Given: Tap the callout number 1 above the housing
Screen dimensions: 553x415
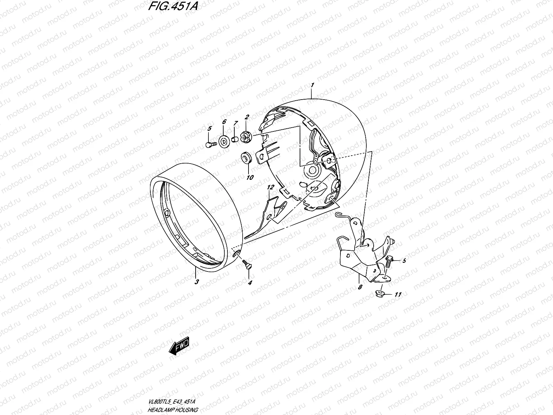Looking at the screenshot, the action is coord(312,85).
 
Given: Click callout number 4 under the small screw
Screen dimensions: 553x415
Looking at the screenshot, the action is coord(250,282).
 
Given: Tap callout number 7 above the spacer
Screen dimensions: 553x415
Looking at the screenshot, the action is coord(235,123).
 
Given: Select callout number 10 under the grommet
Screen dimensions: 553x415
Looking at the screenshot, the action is coord(250,177).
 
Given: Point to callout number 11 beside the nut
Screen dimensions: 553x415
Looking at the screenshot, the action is coord(398,294).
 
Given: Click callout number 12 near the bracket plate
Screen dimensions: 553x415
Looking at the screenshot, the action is coord(271,187).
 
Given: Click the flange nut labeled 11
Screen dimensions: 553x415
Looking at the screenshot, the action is coord(378,294).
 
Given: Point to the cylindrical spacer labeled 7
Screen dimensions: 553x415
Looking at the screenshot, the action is coord(235,140).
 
